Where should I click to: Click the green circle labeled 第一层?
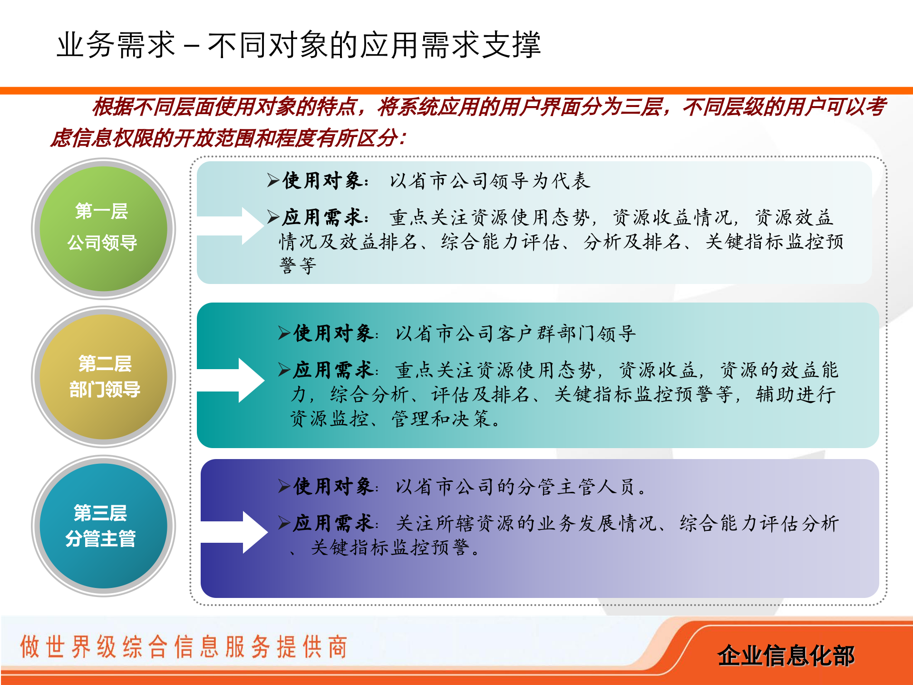click(103, 229)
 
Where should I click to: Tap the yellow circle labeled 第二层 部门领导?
click(103, 377)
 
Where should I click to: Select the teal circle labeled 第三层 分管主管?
click(103, 526)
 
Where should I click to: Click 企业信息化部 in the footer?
click(786, 656)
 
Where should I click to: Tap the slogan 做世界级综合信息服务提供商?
click(184, 647)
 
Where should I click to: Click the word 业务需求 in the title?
click(116, 45)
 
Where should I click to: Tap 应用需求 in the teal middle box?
click(333, 370)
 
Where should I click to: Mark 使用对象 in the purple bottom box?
click(333, 487)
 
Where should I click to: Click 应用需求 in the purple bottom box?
click(333, 523)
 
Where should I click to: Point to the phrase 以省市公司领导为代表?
click(490, 181)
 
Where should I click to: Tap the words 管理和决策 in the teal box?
click(440, 419)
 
